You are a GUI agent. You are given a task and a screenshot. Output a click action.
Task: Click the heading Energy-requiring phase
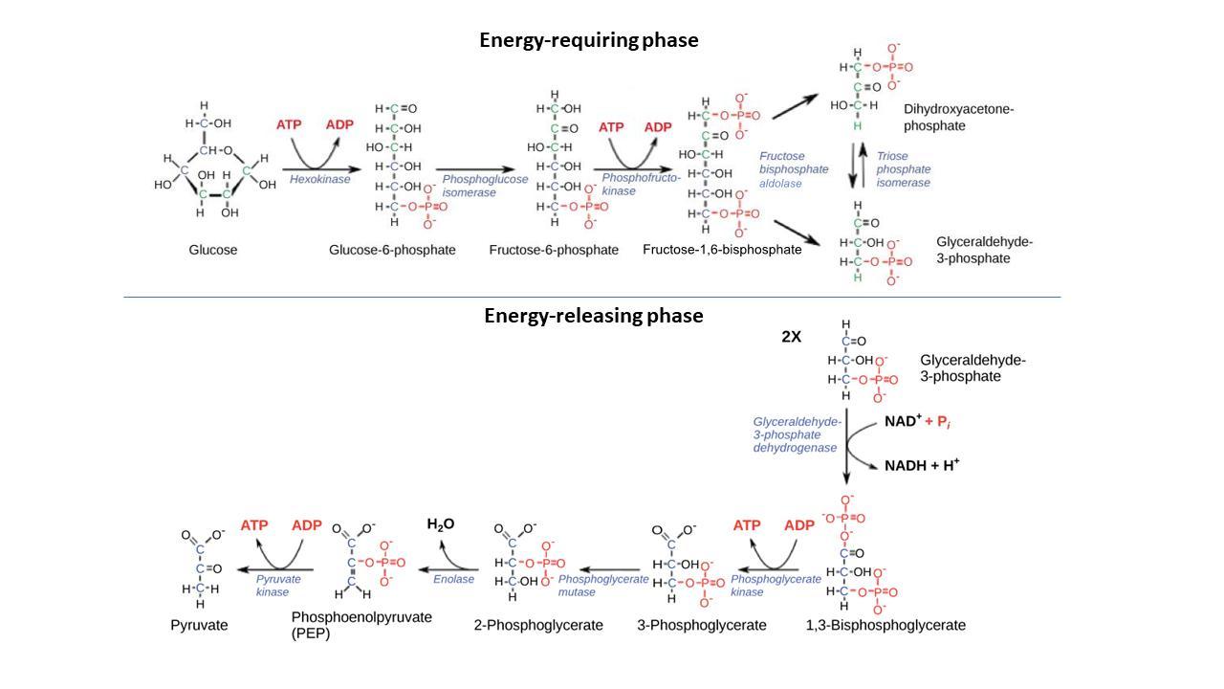pos(588,40)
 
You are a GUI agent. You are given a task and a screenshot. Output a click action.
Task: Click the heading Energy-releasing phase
pos(593,316)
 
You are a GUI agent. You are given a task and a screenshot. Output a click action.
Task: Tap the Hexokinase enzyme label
pos(320,179)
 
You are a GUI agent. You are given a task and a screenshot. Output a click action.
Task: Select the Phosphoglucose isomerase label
pos(485,186)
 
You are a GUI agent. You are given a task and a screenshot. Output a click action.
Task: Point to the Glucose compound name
pos(213,250)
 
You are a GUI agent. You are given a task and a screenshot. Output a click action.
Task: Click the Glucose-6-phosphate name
pos(392,250)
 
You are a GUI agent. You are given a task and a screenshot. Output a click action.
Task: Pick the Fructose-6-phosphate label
pos(554,250)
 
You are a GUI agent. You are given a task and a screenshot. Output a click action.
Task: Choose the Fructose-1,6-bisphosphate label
pos(722,250)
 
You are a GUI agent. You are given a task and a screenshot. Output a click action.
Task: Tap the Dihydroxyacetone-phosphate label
pos(958,117)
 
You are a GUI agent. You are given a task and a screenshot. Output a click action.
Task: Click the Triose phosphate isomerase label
pos(903,169)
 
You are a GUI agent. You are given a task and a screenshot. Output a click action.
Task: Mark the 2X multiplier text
pos(792,337)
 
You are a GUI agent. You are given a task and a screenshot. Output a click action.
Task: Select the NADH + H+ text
pos(922,465)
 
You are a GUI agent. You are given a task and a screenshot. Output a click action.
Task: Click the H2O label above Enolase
pos(440,524)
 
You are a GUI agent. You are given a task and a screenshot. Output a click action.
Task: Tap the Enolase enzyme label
pos(453,579)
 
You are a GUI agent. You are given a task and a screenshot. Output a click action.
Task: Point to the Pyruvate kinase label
pos(278,586)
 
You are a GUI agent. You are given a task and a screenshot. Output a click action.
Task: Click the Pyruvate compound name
pos(199,625)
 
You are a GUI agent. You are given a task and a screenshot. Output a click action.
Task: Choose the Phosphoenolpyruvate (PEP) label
pos(361,625)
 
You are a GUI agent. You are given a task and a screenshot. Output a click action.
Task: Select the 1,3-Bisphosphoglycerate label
pos(885,625)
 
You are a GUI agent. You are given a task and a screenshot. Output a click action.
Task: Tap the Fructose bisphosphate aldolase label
pos(794,169)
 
